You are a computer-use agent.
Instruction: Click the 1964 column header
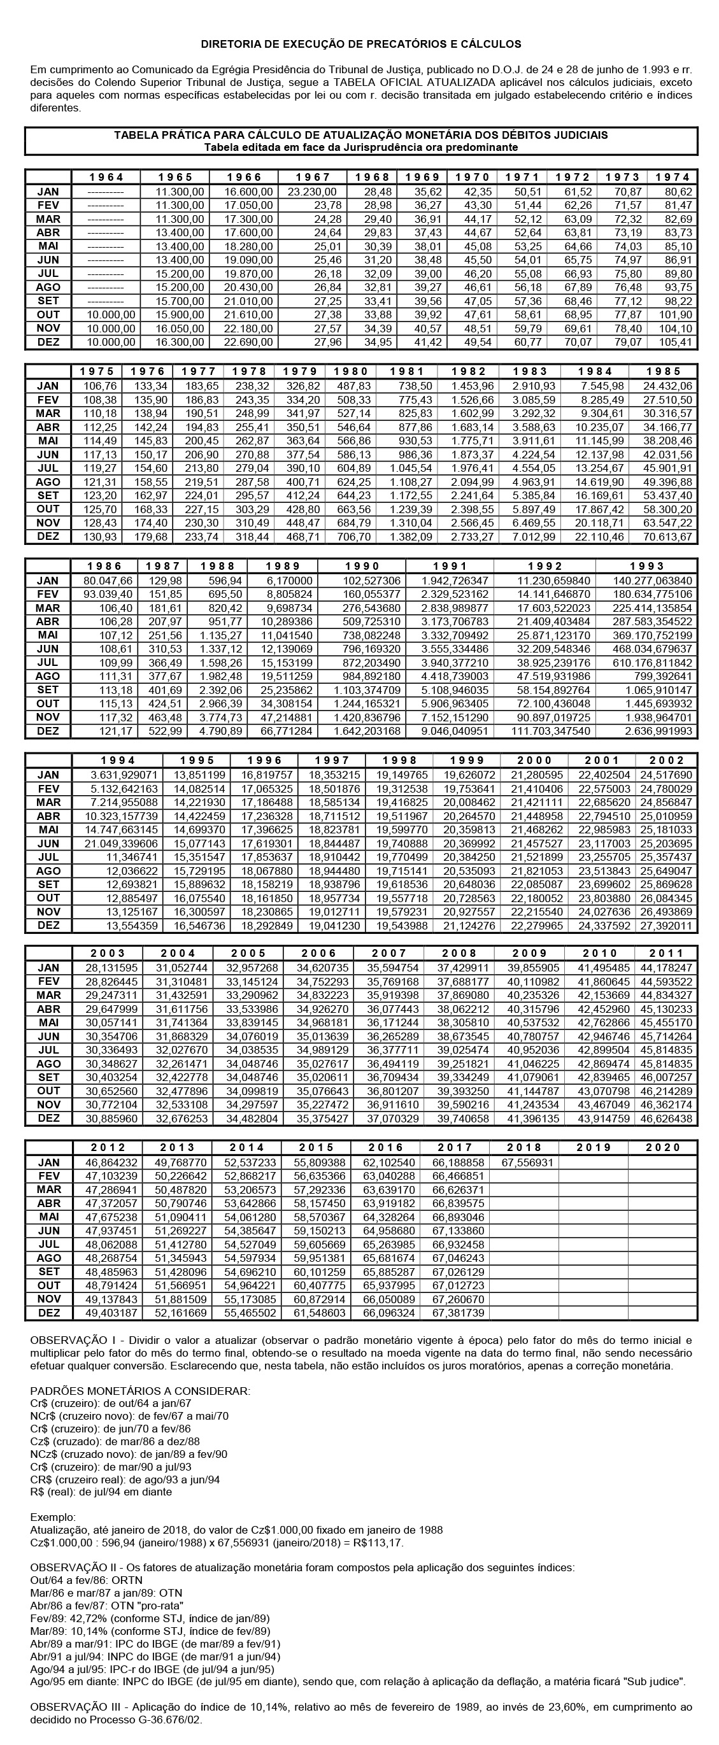click(106, 178)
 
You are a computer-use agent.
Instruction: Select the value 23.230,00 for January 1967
click(313, 192)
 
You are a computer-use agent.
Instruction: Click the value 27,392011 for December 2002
click(668, 925)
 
